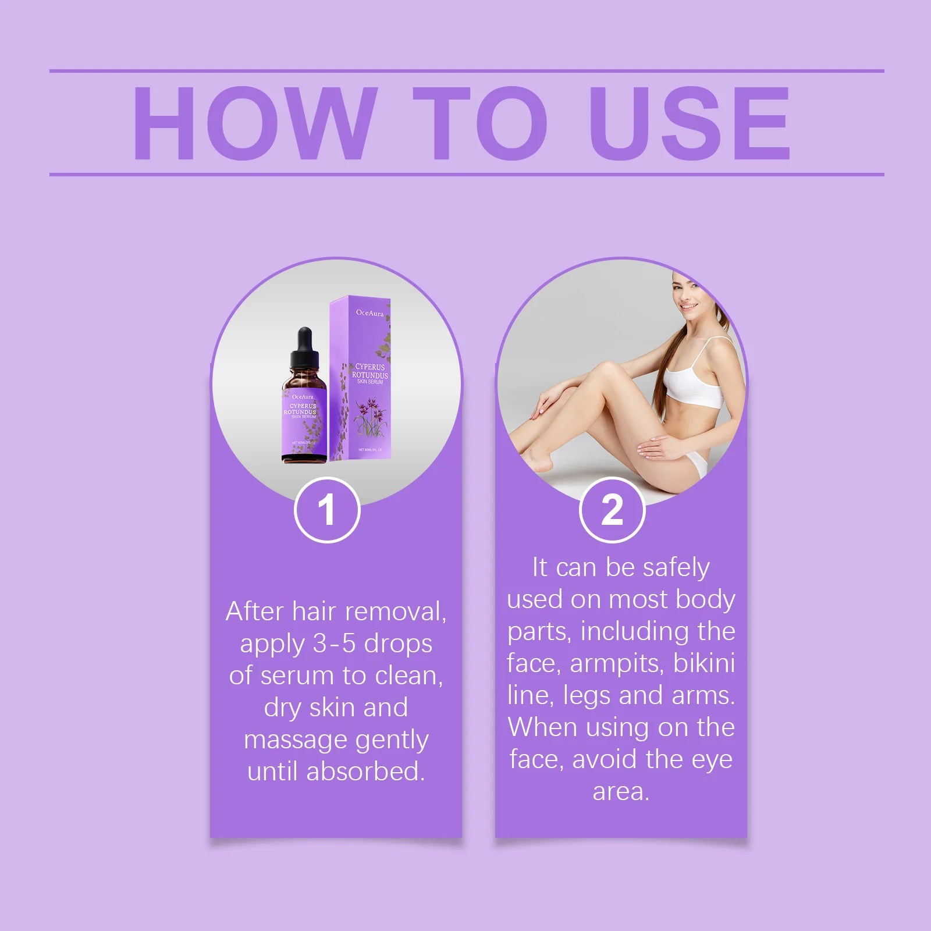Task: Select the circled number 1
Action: point(327,510)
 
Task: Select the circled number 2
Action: point(612,510)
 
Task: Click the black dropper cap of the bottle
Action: point(304,346)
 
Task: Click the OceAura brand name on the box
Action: point(370,313)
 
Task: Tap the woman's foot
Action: point(538,460)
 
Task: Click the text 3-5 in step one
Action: point(334,644)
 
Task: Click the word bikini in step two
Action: point(704,663)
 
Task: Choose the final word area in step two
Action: point(620,792)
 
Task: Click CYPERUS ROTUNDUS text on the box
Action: point(370,371)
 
